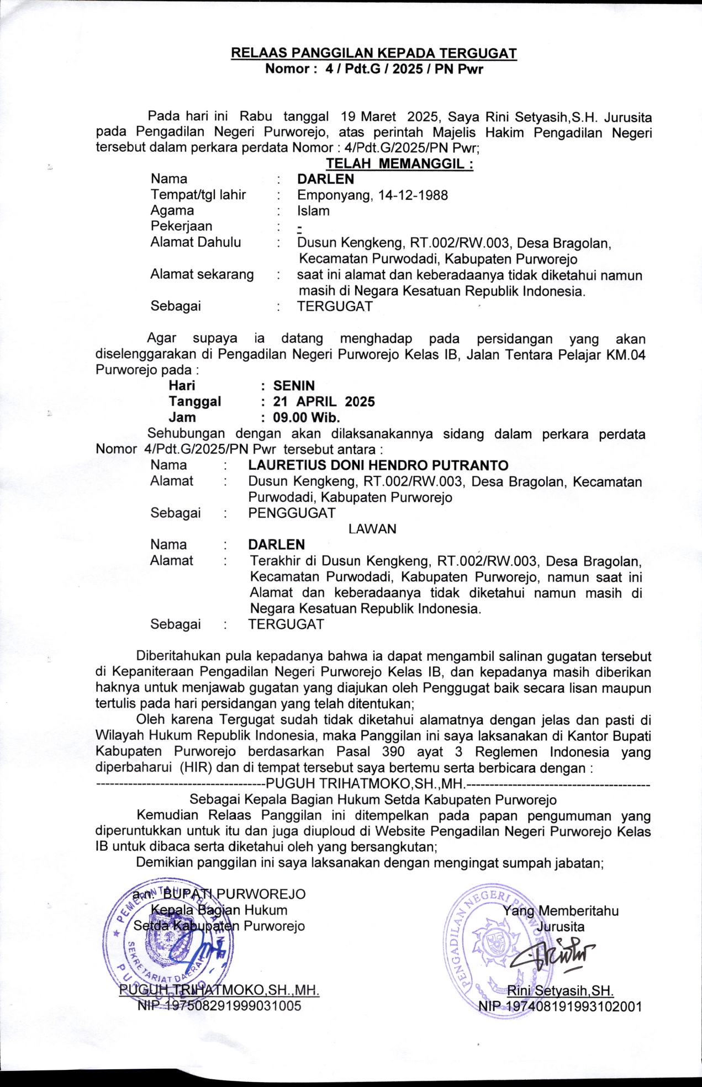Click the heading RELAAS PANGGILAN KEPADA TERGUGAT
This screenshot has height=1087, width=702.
(373, 54)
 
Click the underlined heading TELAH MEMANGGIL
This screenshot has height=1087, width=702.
(399, 164)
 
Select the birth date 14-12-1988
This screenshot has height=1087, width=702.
(413, 195)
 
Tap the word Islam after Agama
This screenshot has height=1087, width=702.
(313, 211)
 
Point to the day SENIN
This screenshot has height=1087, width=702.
(294, 386)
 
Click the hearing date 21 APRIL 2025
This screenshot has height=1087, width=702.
(324, 402)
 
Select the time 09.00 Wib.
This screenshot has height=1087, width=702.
(306, 417)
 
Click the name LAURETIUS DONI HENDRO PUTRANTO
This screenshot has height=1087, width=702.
(378, 465)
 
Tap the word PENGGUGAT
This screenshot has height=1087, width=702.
(292, 513)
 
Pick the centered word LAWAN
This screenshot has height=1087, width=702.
(372, 529)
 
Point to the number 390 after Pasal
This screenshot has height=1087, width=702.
(393, 752)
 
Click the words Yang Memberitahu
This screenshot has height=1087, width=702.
(560, 911)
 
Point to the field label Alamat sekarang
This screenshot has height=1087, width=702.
(202, 274)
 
